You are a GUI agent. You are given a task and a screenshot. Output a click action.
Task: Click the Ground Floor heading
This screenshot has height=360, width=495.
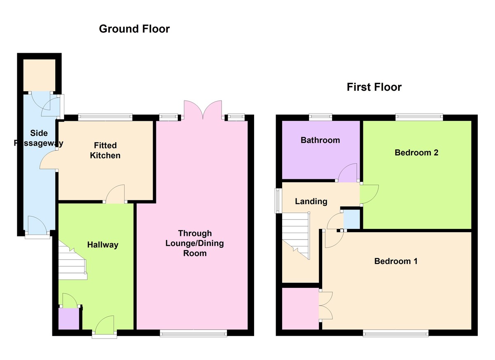coord(134,29)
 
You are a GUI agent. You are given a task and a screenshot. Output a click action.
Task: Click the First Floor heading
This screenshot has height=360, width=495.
coord(374,87)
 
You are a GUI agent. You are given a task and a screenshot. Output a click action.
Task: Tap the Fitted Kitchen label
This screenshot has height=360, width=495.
coord(105,151)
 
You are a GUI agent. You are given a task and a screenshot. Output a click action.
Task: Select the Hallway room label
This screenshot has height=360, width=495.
coord(103,245)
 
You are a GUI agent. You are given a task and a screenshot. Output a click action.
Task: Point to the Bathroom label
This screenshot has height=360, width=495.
coord(320,140)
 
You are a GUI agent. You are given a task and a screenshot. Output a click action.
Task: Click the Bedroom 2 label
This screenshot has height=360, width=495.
coord(416,153)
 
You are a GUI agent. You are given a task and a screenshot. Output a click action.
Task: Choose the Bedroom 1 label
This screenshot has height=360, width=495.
coord(396,261)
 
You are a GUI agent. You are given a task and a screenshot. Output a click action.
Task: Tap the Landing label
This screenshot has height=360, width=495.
coord(311,201)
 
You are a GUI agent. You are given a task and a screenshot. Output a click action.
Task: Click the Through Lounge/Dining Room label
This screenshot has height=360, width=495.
coord(195,243)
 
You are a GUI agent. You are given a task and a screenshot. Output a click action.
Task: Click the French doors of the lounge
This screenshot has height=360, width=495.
coord(203,110)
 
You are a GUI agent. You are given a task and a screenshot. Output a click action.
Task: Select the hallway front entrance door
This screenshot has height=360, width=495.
coord(104,325)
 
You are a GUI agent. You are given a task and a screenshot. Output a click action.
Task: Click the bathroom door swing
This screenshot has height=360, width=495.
coord(348,172)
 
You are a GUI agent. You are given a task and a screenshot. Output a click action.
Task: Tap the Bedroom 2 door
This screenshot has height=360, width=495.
coord(369,194)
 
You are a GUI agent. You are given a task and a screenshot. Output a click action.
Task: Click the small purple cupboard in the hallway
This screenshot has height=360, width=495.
coord(69,319)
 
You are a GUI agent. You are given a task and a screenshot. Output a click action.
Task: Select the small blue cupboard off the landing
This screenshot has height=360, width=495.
coord(351,219)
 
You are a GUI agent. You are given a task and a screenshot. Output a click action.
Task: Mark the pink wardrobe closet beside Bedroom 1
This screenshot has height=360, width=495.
coord(301,309)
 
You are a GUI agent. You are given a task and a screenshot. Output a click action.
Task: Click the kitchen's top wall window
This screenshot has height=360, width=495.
coord(105,117)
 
